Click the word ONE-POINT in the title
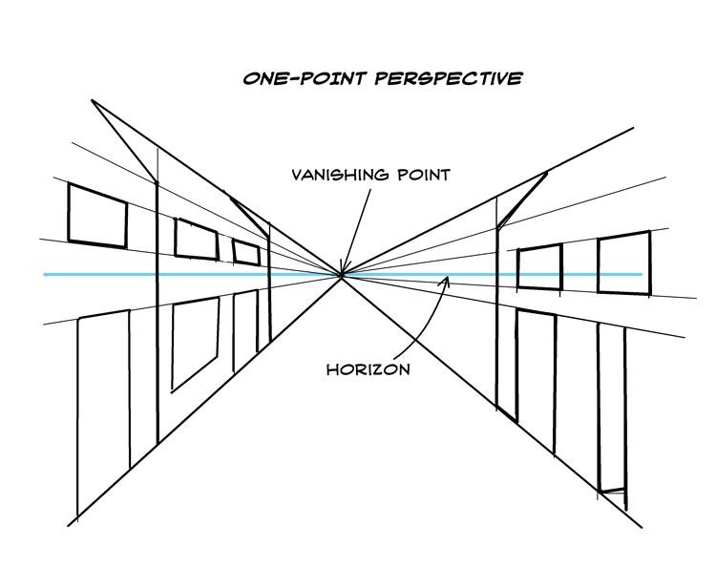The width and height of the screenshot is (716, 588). coord(305,79)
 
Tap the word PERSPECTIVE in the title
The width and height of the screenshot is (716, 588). coord(449,78)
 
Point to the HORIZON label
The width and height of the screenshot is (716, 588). coord(369,369)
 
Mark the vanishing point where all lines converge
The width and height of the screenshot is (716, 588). coord(341,275)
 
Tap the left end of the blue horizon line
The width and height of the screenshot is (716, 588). coord(44,275)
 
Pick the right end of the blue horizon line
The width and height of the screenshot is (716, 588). coord(642,274)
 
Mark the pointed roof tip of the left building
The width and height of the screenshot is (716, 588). coord(93,100)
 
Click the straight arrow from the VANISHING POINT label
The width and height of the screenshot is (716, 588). coord(356,231)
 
